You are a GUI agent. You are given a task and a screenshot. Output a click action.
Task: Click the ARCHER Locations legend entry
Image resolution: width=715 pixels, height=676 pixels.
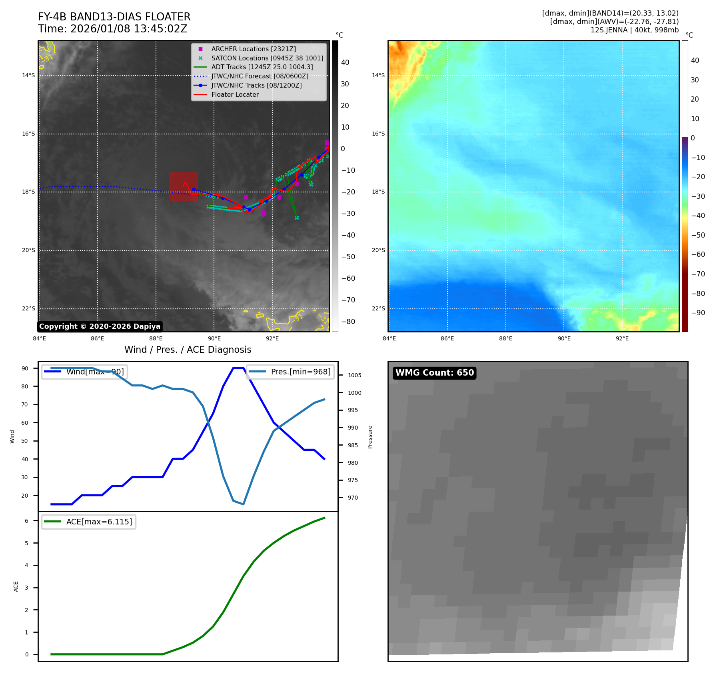pos(254,49)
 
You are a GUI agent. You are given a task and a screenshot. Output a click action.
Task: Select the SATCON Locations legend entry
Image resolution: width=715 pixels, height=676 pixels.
pos(267,58)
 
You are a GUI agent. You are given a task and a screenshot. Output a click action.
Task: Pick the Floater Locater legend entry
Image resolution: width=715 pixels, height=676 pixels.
pos(235,94)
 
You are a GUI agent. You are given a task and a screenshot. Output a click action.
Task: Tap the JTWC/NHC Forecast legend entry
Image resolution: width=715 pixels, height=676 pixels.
pos(260,76)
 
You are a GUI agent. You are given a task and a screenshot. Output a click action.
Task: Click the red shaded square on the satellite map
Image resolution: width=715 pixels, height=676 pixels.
pos(183,186)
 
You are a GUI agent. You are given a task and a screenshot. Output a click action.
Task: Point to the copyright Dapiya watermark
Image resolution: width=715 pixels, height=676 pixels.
pos(100,326)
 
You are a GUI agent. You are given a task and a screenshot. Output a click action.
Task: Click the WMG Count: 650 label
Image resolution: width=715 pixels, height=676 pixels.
pos(435,373)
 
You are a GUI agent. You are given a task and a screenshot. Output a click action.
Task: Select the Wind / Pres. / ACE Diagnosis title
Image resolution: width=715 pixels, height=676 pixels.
pos(188,350)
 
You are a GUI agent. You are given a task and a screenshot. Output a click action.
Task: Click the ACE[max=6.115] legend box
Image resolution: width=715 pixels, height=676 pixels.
pos(89,522)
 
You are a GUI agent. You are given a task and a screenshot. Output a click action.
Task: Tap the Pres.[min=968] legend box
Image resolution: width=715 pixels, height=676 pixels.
pos(290,372)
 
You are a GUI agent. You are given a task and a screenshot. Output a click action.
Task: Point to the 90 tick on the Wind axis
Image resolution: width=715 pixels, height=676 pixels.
pos(25,368)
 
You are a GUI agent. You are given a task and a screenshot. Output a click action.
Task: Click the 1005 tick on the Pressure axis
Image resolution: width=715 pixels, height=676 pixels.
pos(354,375)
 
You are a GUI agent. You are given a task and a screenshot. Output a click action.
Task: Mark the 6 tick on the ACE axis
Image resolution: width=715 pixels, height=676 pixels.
pos(27,521)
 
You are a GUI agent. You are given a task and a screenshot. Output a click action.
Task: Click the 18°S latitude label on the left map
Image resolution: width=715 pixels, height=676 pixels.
pos(28,192)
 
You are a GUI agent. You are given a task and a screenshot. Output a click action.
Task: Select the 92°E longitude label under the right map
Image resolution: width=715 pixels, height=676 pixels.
pos(622,338)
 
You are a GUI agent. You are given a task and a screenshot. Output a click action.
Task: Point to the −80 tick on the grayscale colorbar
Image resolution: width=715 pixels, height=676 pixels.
pos(348,322)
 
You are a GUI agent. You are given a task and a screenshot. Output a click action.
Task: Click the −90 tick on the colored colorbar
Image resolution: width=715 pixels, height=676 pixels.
pos(698,313)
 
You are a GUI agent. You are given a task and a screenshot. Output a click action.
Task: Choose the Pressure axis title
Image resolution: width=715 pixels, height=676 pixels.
pos(370,437)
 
